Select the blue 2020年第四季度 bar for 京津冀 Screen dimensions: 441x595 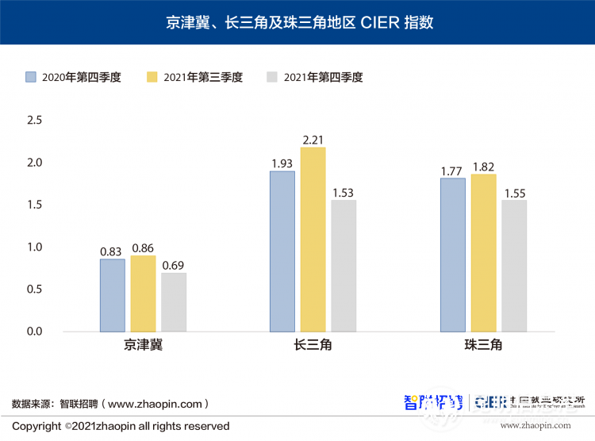pyautogui.click(x=112, y=295)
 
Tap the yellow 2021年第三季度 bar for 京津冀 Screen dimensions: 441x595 pyautogui.click(x=143, y=293)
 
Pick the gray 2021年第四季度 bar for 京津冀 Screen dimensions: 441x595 pyautogui.click(x=174, y=302)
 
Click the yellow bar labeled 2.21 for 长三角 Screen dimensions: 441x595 pyautogui.click(x=313, y=239)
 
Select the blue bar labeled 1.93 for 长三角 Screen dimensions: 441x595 pyautogui.click(x=282, y=251)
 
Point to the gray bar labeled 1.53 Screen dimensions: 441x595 pyautogui.click(x=344, y=266)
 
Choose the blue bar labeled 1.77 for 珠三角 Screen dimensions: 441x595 pyautogui.click(x=452, y=255)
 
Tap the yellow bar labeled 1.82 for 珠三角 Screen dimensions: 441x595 pyautogui.click(x=483, y=252)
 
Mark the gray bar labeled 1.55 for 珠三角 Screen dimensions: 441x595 pyautogui.click(x=514, y=266)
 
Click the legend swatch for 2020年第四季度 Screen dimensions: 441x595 pyautogui.click(x=31, y=77)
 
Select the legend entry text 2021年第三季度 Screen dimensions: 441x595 pyautogui.click(x=203, y=77)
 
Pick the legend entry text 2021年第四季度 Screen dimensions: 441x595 pyautogui.click(x=323, y=77)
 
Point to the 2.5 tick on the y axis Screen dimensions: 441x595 pyautogui.click(x=33, y=121)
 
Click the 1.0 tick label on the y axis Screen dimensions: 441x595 pyautogui.click(x=33, y=247)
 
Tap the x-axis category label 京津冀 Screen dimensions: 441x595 pyautogui.click(x=143, y=346)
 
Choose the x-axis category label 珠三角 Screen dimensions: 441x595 pyautogui.click(x=483, y=346)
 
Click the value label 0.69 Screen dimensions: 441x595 pyautogui.click(x=174, y=265)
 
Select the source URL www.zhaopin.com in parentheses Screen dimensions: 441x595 pyautogui.click(x=158, y=404)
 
